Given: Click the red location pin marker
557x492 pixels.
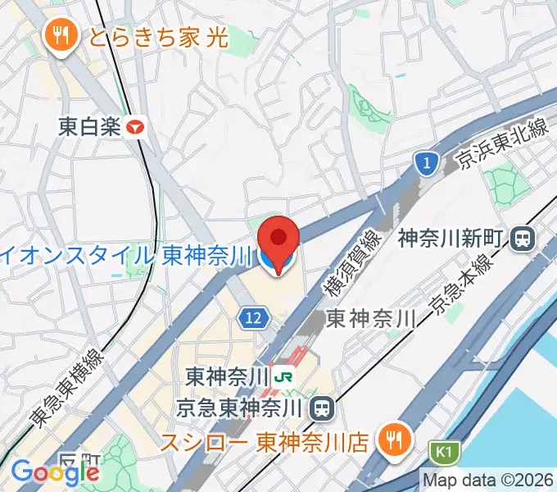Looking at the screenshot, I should click(278, 239).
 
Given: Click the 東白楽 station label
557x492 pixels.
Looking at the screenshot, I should click(89, 127).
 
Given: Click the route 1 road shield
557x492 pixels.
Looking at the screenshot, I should click(424, 164).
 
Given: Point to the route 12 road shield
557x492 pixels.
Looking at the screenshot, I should click(255, 317).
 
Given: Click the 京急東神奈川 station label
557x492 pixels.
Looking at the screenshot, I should click(242, 406).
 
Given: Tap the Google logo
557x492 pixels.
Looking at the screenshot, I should click(54, 471).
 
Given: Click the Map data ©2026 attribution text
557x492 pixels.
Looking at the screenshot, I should click(488, 480).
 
